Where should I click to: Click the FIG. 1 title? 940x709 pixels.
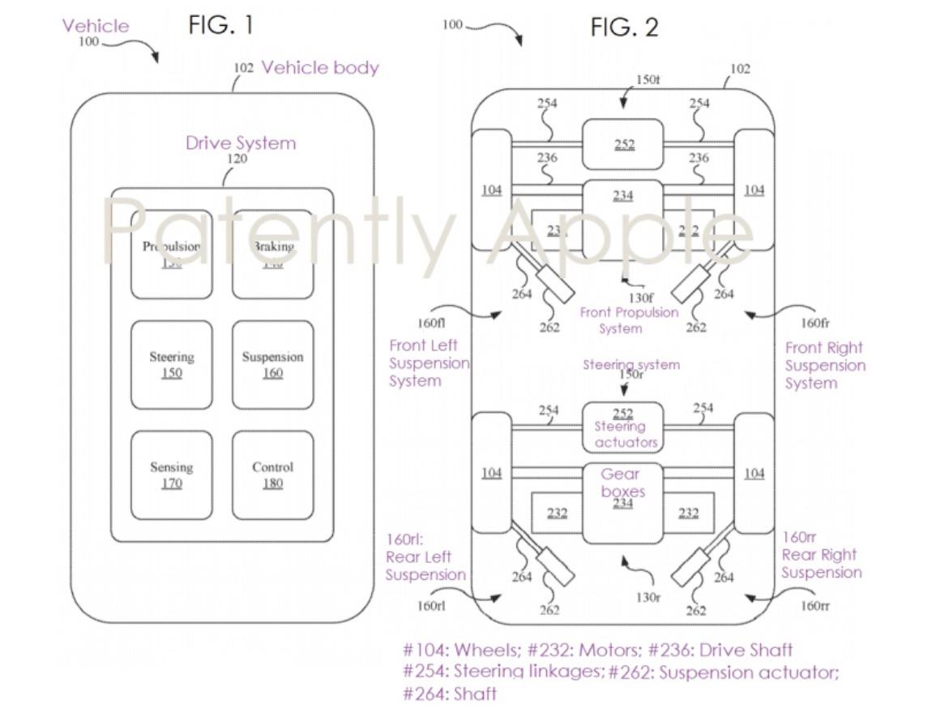[220, 25]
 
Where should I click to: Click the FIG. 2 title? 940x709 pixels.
[624, 28]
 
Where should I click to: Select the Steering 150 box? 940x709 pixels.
[172, 365]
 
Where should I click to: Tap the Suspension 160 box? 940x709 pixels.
[272, 365]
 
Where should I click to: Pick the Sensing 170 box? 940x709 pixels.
[172, 475]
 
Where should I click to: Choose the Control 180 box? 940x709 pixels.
[272, 475]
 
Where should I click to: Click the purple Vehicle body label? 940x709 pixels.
[320, 67]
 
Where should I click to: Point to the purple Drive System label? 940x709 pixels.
[241, 143]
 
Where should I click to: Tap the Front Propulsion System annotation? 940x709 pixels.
[629, 320]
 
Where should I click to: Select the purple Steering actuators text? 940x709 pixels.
[621, 434]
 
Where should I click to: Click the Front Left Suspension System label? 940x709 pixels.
[428, 363]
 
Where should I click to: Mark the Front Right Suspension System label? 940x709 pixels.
[825, 365]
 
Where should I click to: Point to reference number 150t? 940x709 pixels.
[647, 79]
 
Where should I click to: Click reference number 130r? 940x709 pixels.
[647, 598]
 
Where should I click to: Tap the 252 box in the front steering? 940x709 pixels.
[623, 144]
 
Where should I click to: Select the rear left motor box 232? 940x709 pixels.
[557, 513]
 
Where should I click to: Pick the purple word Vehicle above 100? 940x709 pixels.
[96, 26]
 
